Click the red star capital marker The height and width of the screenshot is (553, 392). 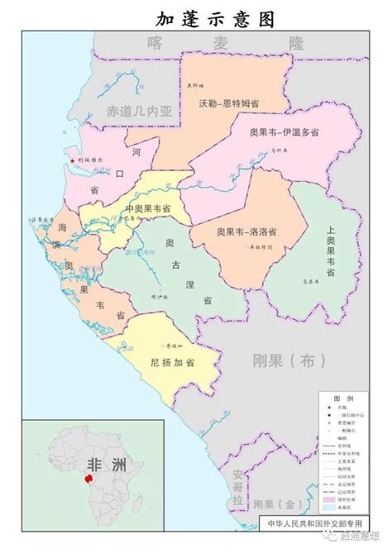[x=72, y=160]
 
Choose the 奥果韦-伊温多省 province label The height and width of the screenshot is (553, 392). [x=284, y=132]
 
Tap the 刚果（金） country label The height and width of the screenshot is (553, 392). [x=277, y=503]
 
